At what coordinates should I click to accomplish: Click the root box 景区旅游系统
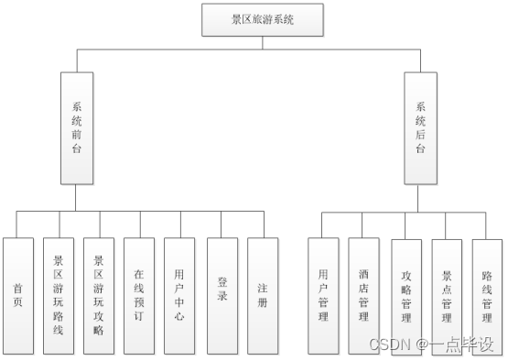(264, 19)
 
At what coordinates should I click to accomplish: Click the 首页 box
(17, 295)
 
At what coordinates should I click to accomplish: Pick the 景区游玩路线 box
(58, 295)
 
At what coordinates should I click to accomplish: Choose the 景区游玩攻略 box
(98, 295)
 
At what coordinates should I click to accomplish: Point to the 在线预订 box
(138, 295)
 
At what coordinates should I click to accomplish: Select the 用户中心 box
(179, 295)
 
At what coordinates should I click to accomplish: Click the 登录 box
(222, 295)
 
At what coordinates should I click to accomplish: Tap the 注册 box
(262, 295)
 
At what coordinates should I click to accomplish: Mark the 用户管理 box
(322, 295)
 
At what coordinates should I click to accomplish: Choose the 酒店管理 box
(362, 295)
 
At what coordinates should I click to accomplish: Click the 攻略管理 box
(406, 295)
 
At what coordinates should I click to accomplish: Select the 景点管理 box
(447, 295)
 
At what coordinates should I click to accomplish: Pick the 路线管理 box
(487, 295)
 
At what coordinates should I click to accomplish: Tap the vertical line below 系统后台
(420, 197)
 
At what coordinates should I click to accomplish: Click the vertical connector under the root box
(264, 42)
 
